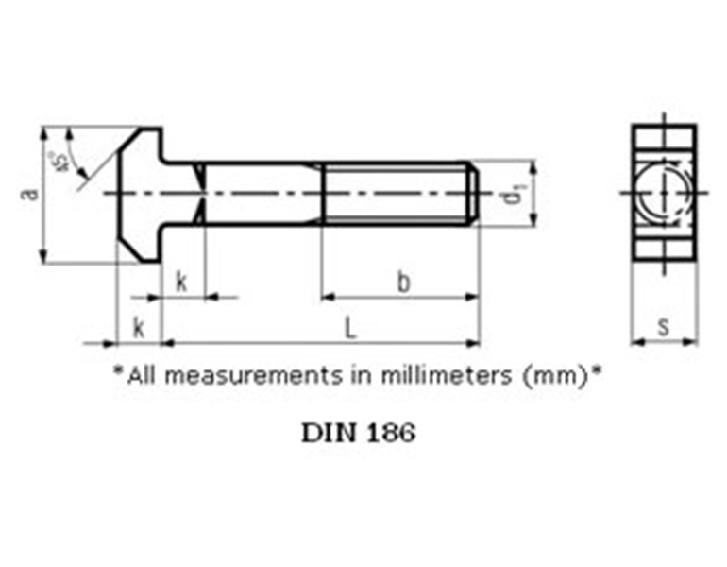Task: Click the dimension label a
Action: pos(31,194)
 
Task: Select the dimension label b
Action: pos(403,283)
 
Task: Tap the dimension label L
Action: pos(349,328)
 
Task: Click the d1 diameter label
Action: pos(512,195)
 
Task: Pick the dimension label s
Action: pos(664,327)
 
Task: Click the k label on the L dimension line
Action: pos(139,328)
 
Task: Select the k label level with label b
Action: pos(180,283)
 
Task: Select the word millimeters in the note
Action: pos(444,374)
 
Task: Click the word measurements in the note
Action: pos(253,374)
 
